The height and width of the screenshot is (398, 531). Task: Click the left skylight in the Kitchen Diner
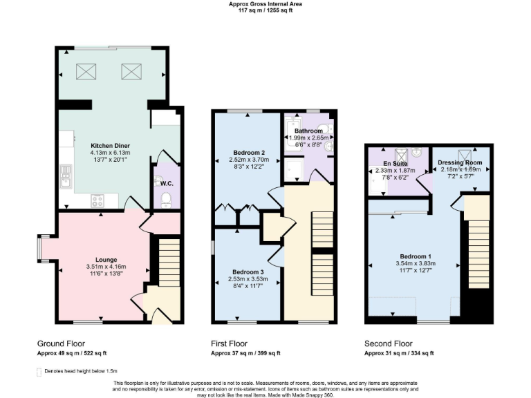(86, 71)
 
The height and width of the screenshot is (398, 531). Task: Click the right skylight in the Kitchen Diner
(131, 71)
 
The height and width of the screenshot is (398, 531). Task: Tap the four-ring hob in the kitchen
(97, 200)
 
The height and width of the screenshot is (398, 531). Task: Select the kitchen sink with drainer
(66, 176)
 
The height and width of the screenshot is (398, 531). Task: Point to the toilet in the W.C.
(165, 200)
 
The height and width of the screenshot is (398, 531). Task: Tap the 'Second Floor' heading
(389, 343)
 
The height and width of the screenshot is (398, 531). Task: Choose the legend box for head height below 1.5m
(39, 372)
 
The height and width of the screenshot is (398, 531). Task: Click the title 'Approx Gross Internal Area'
(265, 4)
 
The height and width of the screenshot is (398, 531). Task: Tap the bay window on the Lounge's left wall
(40, 249)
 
